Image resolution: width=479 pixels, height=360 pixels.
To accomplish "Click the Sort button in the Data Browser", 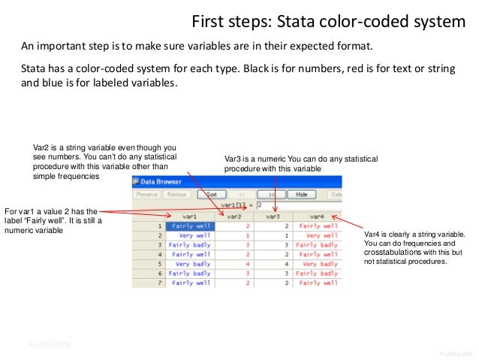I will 211,194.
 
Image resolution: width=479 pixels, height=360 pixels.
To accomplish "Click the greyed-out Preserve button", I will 147,194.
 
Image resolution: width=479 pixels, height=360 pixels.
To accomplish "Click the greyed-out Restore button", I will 177,194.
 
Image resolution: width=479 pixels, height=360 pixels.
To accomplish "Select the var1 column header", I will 190,216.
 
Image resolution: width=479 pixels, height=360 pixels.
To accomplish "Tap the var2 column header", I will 234,216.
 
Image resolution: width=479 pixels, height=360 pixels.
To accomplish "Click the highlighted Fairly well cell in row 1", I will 190,225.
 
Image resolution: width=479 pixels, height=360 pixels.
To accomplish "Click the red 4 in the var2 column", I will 247,265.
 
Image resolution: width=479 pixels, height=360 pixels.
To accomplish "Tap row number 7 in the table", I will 160,284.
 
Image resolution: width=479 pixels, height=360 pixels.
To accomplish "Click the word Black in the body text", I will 261,68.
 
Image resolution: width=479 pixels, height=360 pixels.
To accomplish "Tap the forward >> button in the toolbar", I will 272,194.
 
